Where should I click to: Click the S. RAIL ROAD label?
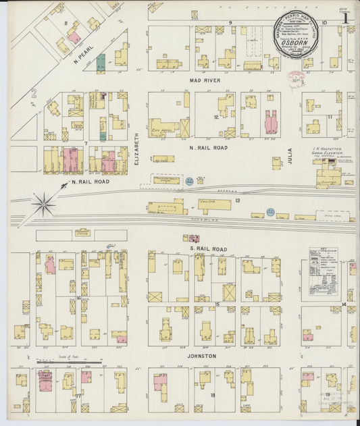(209, 248)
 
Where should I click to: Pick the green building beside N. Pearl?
(101, 62)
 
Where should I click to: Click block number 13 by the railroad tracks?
(238, 201)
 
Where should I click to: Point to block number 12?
(216, 117)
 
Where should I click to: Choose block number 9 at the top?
(230, 23)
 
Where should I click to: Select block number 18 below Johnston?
(212, 395)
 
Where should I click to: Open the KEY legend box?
(322, 270)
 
